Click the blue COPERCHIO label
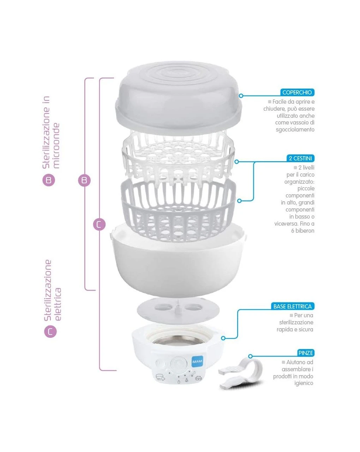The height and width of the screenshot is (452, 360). tap(297, 92)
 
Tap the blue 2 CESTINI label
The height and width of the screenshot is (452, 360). tap(300, 158)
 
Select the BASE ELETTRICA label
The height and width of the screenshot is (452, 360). tap(293, 306)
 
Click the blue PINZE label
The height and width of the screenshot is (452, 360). tap(306, 353)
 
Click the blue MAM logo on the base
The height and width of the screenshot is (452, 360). tap(197, 361)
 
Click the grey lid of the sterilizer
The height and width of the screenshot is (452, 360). tap(178, 98)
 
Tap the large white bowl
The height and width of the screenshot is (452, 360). tap(178, 261)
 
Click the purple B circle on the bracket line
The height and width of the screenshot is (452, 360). tap(84, 180)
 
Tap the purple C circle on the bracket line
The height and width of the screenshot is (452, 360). tap(99, 224)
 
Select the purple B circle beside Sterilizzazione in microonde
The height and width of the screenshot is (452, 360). tap(49, 180)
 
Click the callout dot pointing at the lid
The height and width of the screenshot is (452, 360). tap(241, 96)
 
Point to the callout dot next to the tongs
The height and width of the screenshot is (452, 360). tap(250, 356)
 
